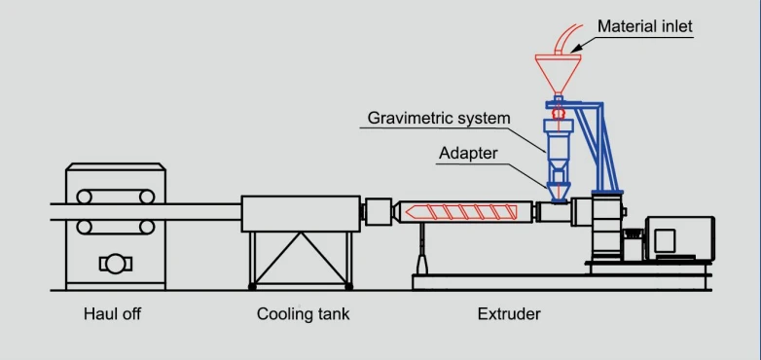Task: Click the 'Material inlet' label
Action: (645, 25)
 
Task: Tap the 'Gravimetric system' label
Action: (439, 118)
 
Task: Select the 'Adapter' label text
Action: (468, 154)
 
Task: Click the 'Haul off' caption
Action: (112, 314)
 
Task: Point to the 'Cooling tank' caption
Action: (303, 314)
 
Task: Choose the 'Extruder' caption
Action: (509, 314)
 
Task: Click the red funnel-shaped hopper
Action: (559, 74)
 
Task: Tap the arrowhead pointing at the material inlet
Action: (577, 48)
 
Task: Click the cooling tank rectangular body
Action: (301, 214)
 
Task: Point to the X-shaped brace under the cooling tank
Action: (301, 258)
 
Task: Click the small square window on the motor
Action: (665, 240)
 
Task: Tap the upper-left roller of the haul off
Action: (84, 197)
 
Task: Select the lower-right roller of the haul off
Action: (147, 227)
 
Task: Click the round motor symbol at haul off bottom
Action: (116, 265)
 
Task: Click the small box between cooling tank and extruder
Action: (379, 211)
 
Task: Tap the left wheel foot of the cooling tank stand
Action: (252, 287)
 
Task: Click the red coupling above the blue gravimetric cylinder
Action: (559, 113)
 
